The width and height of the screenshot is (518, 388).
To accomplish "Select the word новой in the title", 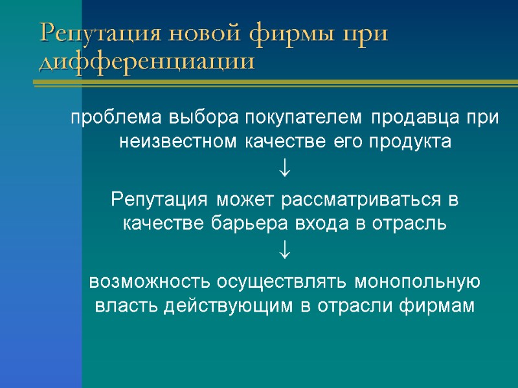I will tap(192, 34).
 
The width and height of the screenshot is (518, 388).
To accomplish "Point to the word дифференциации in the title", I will tap(147, 62).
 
